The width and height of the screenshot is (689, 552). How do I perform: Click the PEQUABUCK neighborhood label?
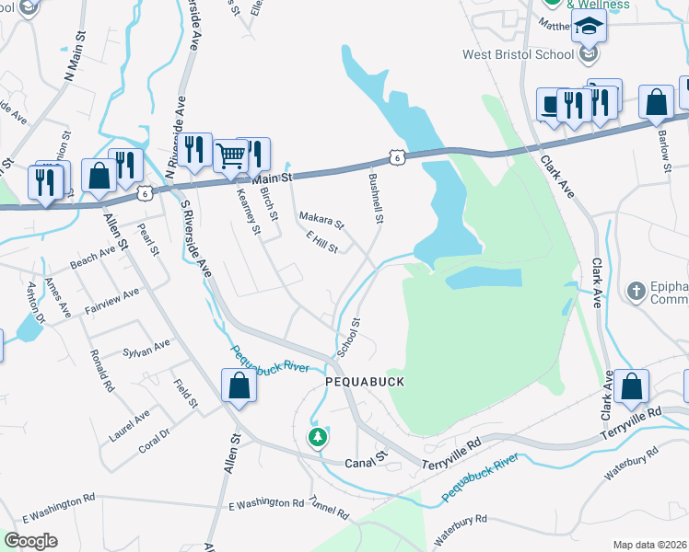(365, 380)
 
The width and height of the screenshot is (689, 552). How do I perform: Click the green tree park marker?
(318, 436)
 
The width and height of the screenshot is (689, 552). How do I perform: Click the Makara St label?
(321, 221)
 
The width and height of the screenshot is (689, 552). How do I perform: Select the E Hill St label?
(322, 243)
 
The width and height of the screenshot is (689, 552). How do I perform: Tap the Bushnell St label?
(376, 199)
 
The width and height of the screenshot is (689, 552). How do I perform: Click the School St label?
(349, 339)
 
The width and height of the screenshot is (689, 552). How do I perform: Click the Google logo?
(31, 541)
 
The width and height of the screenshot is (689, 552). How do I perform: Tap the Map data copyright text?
(648, 545)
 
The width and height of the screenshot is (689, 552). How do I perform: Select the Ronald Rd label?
(101, 371)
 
